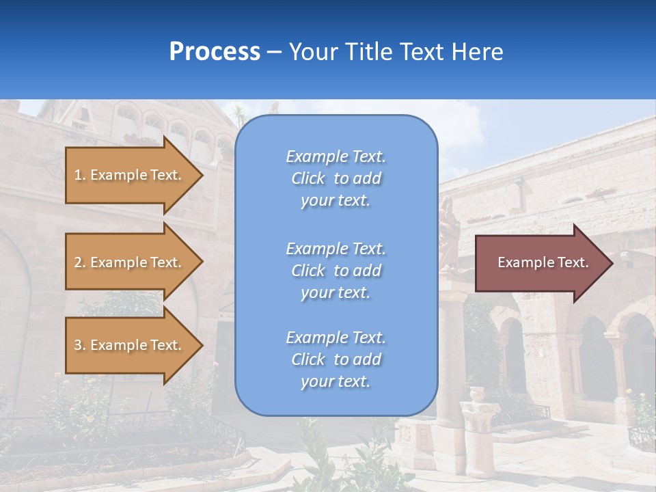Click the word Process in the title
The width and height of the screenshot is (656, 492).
(215, 52)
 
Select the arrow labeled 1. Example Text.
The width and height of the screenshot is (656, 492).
(130, 175)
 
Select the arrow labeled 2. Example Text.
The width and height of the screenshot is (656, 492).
(130, 262)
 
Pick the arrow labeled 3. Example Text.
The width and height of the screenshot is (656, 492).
(130, 345)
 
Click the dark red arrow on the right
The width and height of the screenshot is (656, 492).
(540, 262)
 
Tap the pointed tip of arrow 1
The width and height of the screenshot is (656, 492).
(202, 175)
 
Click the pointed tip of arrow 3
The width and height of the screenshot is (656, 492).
(202, 345)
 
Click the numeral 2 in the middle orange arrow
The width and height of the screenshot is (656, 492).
(78, 262)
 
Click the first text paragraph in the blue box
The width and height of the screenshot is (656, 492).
(336, 178)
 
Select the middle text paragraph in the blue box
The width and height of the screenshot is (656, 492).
(336, 271)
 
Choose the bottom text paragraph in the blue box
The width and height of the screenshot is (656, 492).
(336, 359)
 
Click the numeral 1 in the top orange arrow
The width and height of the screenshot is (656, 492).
(78, 175)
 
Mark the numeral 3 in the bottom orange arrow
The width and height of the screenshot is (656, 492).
(78, 345)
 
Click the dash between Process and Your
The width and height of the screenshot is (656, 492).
(275, 53)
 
